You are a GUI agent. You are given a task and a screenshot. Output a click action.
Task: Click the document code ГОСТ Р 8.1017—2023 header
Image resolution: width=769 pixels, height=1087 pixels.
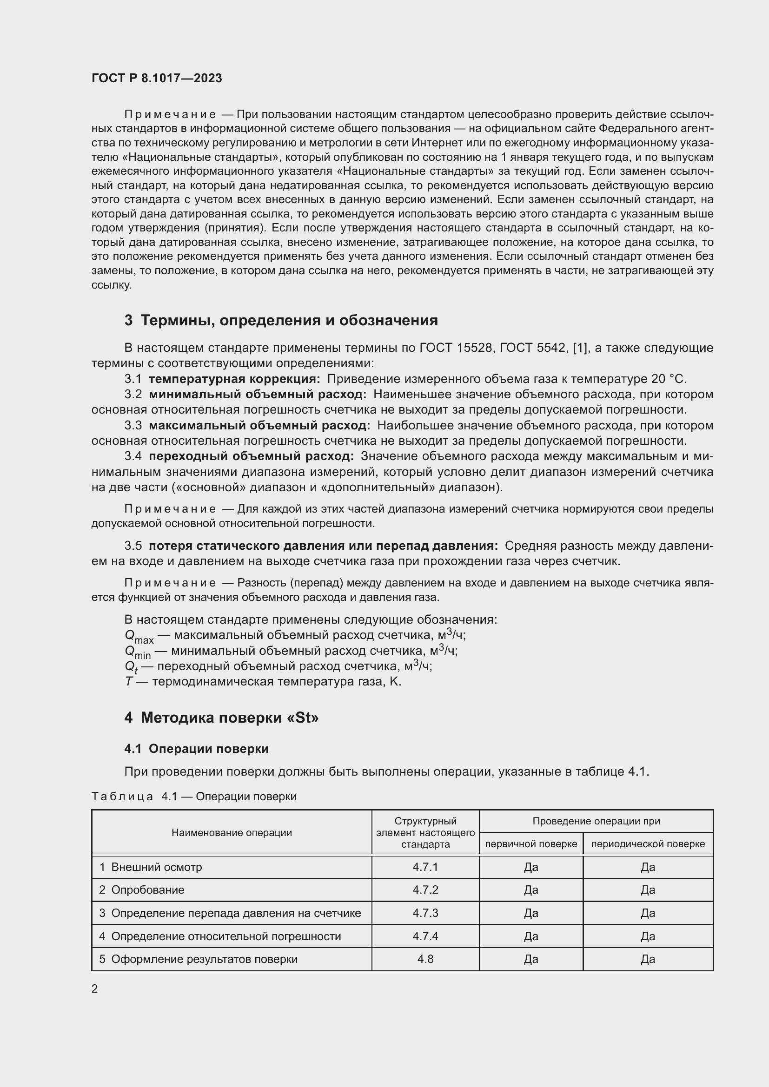pyautogui.click(x=157, y=79)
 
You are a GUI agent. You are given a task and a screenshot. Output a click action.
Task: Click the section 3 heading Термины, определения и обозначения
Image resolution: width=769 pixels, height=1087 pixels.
pyautogui.click(x=281, y=321)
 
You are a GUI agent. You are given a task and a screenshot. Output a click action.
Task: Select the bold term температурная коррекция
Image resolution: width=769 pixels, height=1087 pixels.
pyautogui.click(x=234, y=379)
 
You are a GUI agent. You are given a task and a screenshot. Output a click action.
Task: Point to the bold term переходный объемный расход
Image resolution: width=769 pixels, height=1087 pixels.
pyautogui.click(x=251, y=456)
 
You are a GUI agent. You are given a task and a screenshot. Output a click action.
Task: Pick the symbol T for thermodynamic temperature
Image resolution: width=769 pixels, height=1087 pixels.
pyautogui.click(x=128, y=681)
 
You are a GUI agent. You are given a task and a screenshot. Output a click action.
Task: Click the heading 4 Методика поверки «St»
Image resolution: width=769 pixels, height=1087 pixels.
pyautogui.click(x=222, y=718)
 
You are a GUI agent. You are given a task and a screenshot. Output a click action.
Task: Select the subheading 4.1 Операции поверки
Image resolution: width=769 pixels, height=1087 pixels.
pyautogui.click(x=197, y=749)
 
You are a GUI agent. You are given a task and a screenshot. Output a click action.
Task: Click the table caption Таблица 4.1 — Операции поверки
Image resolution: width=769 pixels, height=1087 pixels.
pyautogui.click(x=194, y=797)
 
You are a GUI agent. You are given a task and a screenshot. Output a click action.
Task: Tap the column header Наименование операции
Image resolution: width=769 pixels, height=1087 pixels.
pyautogui.click(x=232, y=832)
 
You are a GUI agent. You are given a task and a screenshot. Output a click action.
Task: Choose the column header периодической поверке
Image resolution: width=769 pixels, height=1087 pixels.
pyautogui.click(x=648, y=843)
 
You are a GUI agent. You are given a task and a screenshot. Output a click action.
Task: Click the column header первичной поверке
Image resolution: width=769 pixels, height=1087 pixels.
pyautogui.click(x=531, y=843)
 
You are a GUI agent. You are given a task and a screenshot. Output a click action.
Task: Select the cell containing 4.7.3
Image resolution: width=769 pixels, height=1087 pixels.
pyautogui.click(x=425, y=913)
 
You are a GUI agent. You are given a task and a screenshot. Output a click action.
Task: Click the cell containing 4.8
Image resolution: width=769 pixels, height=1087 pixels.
pyautogui.click(x=425, y=959)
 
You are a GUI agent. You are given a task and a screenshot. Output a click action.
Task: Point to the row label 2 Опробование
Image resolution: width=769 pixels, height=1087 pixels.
pyautogui.click(x=142, y=889)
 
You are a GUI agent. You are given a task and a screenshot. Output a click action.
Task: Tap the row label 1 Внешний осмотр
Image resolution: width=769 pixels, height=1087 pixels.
pyautogui.click(x=150, y=867)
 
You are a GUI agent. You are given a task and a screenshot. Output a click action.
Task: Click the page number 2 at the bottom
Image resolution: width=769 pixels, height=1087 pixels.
pyautogui.click(x=95, y=988)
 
